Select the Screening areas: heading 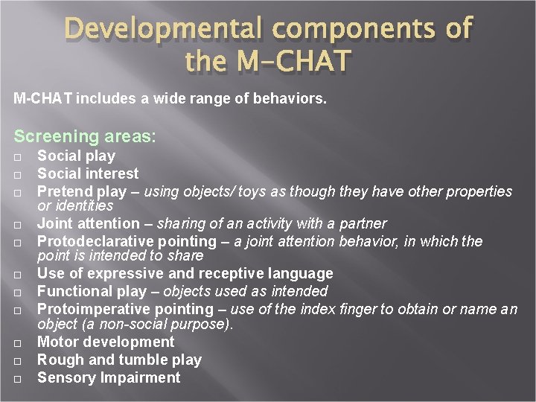[x=86, y=136]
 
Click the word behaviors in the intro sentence [x=290, y=98]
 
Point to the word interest [x=110, y=173]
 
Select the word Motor [x=58, y=342]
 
